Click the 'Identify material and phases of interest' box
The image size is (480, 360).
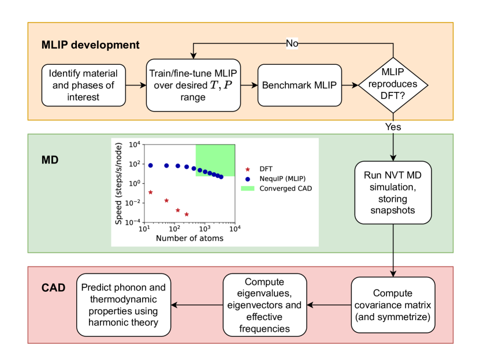[83, 85]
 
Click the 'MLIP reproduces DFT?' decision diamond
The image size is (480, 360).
[394, 85]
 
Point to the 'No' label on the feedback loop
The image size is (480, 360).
[292, 44]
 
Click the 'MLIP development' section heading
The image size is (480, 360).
[90, 44]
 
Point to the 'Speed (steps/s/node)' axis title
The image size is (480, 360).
[118, 184]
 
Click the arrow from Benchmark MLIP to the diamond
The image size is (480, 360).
[349, 85]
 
